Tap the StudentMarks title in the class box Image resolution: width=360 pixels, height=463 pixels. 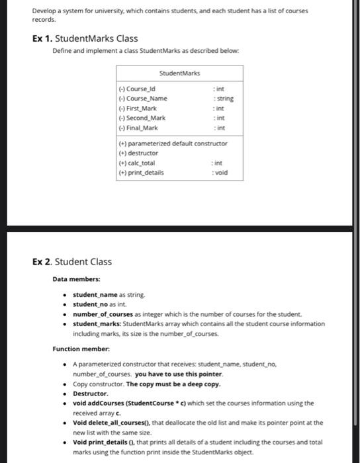point(180,73)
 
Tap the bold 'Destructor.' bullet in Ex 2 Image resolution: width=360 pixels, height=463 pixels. point(90,393)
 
